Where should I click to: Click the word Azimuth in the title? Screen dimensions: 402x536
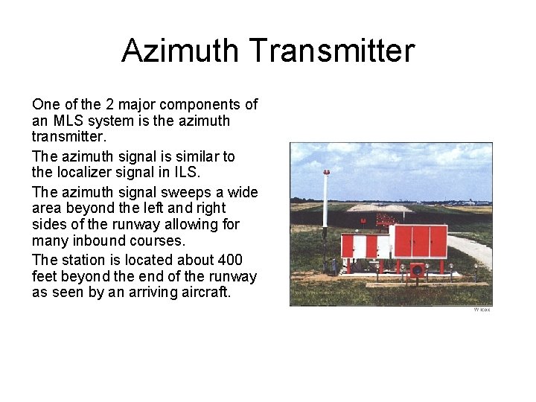point(182,51)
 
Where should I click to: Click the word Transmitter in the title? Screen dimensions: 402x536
point(332,51)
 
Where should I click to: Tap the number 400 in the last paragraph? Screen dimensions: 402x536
point(230,260)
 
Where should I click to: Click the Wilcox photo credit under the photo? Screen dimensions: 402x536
point(482,310)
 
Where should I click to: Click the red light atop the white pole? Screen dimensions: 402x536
point(325,172)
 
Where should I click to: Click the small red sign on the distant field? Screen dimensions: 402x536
point(363,220)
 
